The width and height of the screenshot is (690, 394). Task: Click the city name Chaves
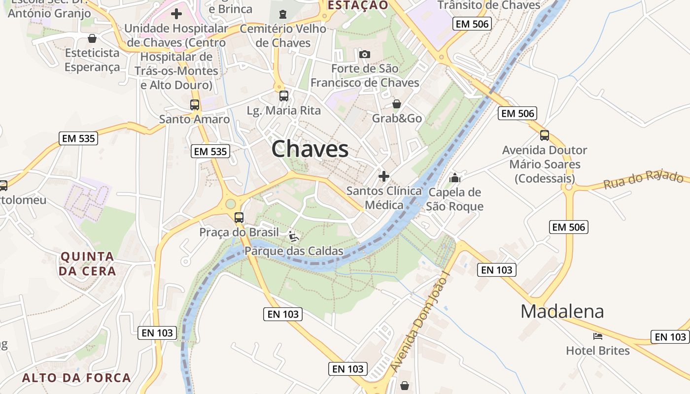pos(310,149)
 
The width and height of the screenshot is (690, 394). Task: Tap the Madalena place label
pos(562,311)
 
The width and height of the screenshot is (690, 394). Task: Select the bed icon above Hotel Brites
pos(597,336)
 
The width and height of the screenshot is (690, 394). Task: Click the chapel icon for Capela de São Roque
pos(454,177)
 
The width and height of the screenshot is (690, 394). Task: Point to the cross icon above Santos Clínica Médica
pos(383,176)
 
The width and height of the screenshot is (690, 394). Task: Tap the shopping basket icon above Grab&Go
pos(396,104)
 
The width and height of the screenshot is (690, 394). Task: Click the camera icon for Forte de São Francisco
pos(364,54)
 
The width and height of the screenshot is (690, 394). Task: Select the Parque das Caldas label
pos(294,251)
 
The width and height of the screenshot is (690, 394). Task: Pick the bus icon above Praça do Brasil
pos(239,217)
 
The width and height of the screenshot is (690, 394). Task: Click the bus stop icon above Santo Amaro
pos(195,104)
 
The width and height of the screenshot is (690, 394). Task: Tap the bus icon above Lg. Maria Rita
pos(283,96)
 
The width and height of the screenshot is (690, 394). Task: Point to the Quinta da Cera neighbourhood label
pos(87,263)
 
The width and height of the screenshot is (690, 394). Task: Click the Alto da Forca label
pos(76,378)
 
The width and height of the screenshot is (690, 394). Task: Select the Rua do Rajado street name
pos(644,180)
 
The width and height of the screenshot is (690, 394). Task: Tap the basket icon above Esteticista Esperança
pos(92,38)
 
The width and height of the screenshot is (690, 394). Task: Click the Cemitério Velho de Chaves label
pos(283,35)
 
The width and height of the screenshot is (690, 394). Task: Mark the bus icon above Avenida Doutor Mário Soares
pos(544,135)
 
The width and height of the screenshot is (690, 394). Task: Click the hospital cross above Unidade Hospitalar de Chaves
pos(176,14)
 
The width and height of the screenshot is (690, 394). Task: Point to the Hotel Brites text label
pos(597,351)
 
